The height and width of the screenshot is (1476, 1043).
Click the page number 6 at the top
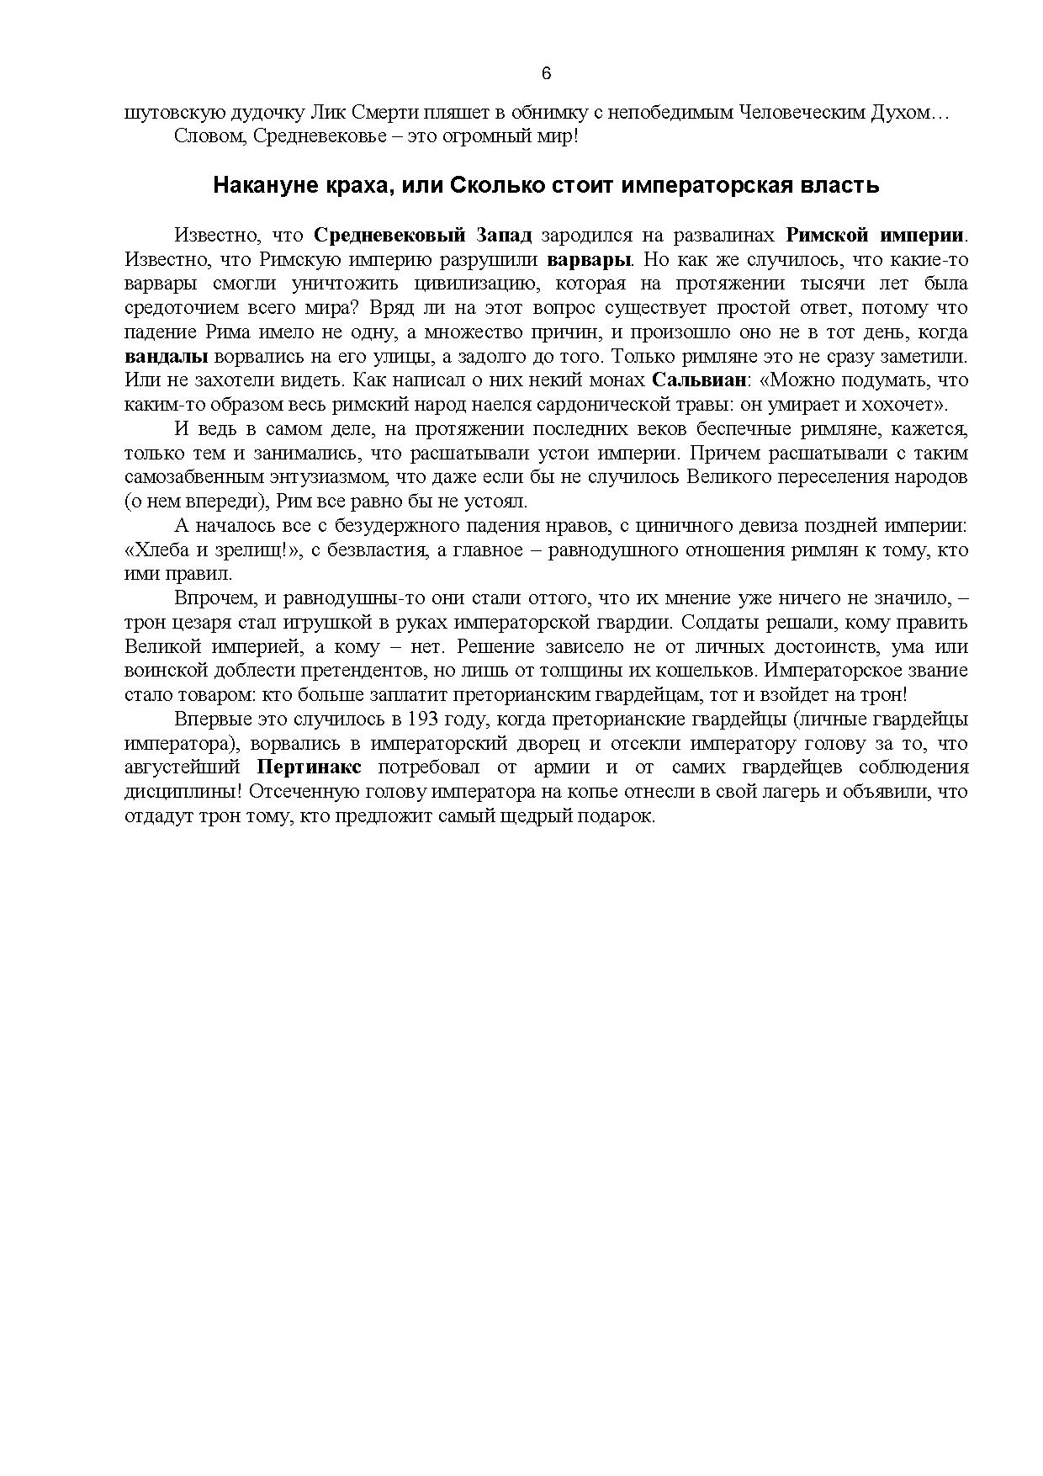[x=546, y=73]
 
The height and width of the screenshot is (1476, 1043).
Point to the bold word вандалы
[x=166, y=356]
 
